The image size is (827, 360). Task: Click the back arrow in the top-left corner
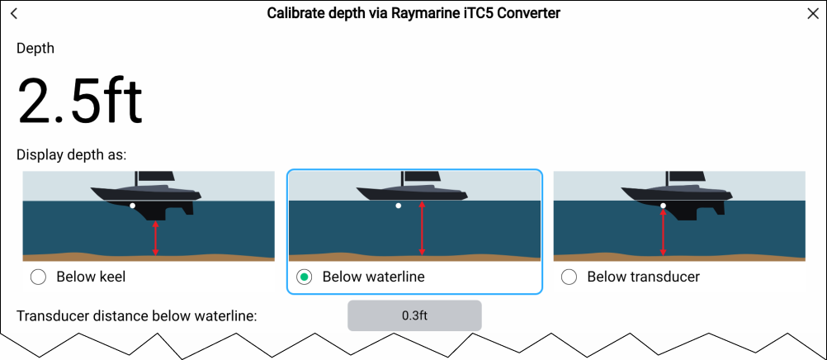point(14,14)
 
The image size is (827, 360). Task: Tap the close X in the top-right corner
point(812,14)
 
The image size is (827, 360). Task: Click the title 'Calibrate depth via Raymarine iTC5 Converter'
point(413,14)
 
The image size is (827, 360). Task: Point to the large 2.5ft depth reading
point(80,101)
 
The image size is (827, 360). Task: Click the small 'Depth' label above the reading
point(35,49)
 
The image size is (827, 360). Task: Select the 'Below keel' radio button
point(38,277)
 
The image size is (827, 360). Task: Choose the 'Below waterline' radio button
point(305,277)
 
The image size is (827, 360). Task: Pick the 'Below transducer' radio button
point(569,277)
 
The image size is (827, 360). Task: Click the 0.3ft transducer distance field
point(414,315)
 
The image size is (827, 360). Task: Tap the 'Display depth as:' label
point(71,155)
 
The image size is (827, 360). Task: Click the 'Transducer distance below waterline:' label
point(137,315)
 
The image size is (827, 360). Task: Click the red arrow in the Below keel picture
point(156,238)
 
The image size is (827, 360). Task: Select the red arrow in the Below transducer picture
point(664,232)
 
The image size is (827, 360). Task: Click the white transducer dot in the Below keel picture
point(132,206)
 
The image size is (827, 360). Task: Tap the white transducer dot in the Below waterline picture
point(399,206)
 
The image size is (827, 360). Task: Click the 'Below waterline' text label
point(373,277)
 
